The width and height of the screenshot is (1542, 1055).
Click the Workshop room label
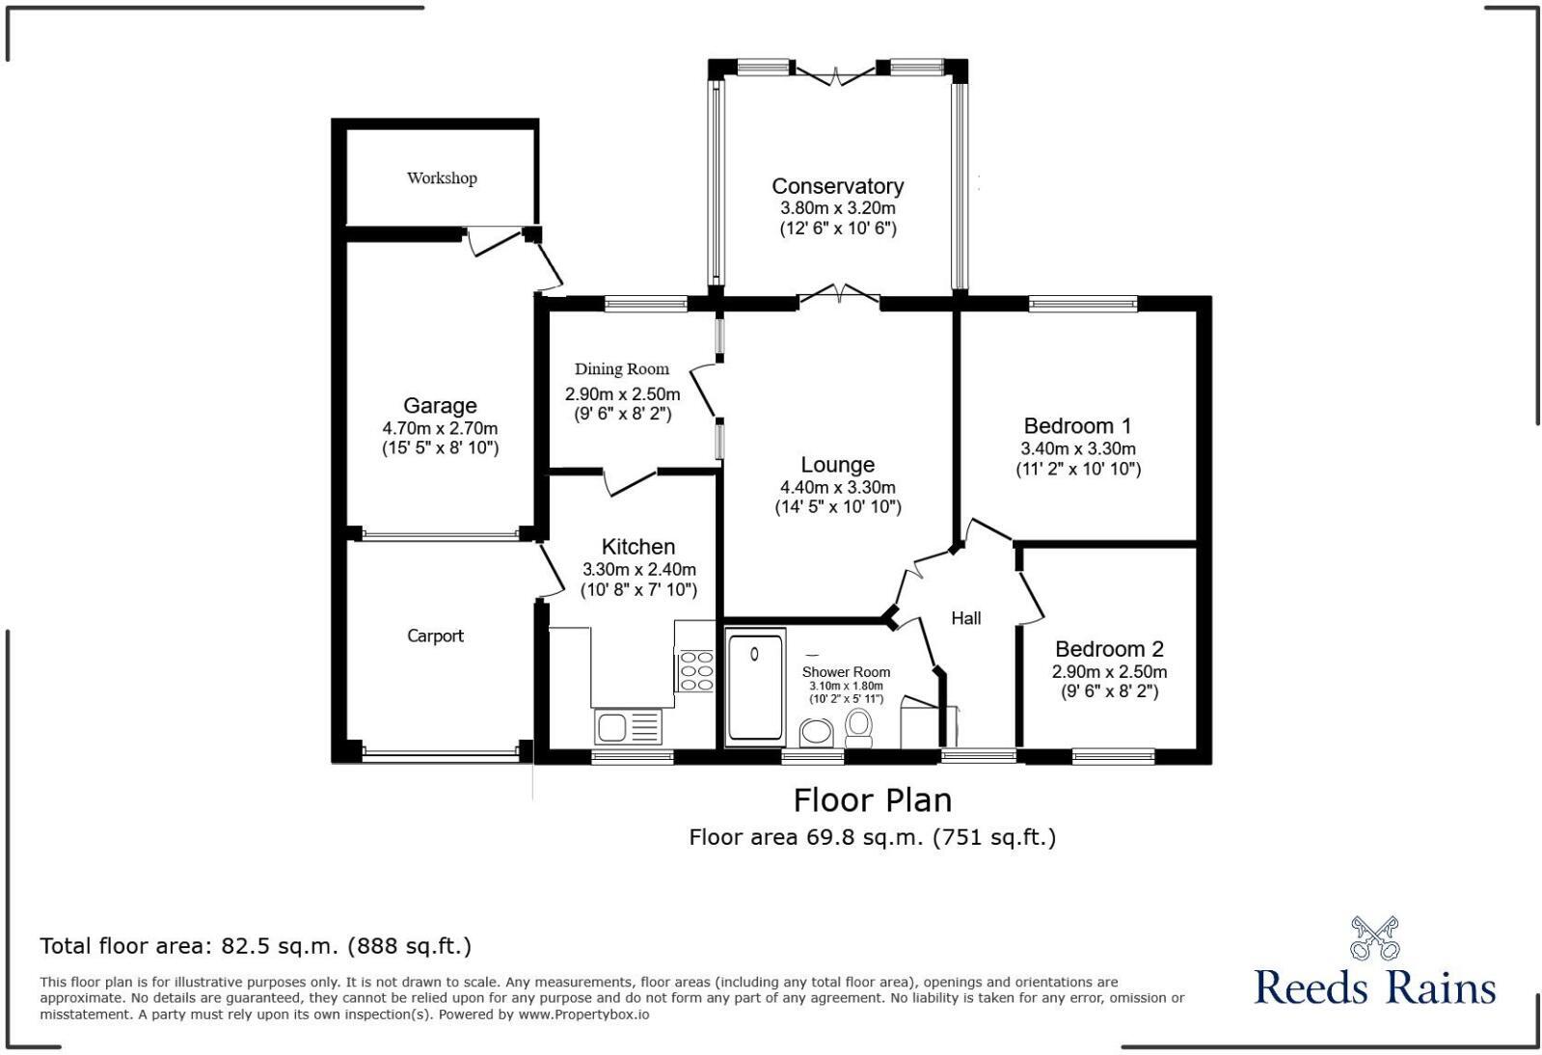442,178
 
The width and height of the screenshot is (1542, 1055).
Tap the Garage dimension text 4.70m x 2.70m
440,428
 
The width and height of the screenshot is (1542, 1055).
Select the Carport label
435,636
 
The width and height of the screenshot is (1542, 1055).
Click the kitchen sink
628,727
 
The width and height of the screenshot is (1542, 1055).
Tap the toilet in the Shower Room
858,728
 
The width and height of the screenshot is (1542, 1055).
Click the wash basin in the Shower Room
817,733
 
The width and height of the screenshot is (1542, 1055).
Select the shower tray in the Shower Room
755,686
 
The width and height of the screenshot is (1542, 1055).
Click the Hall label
966,618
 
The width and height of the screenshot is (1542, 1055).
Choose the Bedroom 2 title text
1109,649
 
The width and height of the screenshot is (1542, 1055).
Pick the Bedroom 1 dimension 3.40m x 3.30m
1078,448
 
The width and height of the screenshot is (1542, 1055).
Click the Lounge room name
838,465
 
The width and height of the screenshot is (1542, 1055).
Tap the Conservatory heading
838,186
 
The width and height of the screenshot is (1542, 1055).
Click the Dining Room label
622,369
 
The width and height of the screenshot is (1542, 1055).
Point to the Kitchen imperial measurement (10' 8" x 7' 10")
638,590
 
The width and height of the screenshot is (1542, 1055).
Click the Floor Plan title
872,800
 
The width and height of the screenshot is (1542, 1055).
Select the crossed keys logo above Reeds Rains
1374,937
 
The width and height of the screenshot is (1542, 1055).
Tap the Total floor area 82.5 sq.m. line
256,946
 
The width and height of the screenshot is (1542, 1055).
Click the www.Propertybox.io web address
583,1014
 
